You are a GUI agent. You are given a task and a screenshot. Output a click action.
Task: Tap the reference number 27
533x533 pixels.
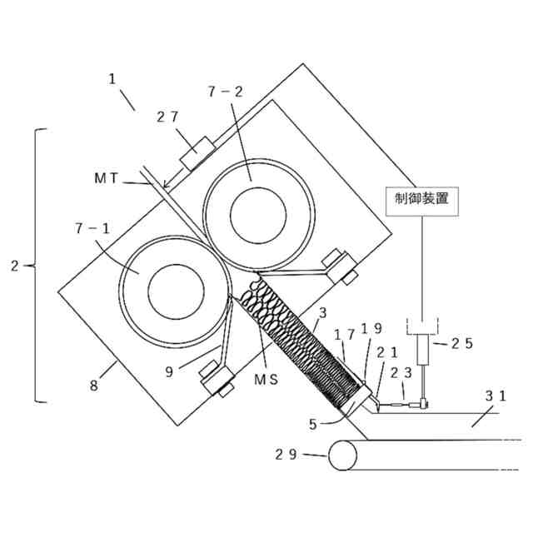[167, 117]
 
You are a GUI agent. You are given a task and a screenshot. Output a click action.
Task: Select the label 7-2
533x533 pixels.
[224, 92]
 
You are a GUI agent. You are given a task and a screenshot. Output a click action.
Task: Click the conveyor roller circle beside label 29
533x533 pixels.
[342, 456]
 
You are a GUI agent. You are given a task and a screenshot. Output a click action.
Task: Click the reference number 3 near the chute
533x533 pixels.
[322, 312]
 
